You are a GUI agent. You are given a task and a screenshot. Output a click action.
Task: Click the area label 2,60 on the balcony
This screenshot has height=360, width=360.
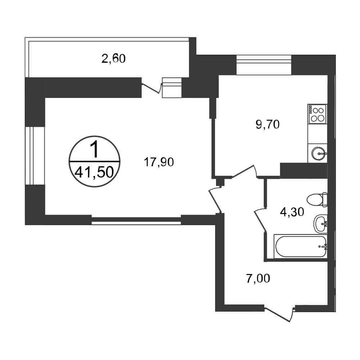pos(113,59)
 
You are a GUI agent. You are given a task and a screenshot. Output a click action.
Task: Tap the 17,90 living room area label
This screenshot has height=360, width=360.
pos(159,162)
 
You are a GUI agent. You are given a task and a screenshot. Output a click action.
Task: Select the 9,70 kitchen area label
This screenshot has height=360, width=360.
pos(267,125)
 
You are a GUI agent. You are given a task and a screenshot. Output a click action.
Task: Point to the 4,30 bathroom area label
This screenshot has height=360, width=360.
pos(292,212)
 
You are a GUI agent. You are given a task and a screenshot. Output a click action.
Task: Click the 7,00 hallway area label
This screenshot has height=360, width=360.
pos(258,279)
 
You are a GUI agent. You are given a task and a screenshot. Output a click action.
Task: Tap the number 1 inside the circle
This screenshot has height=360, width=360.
pos(94,149)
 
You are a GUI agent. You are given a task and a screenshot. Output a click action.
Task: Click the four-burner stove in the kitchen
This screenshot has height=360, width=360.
pos(317,114)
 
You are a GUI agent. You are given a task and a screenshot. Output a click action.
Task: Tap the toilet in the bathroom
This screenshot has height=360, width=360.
pos(317,199)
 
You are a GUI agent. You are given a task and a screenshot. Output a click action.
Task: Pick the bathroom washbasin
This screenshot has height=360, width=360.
pos(320,224)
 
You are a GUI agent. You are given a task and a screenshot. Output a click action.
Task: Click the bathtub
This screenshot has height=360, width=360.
pos(301,246)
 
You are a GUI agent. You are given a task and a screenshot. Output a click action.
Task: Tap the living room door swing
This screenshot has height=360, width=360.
pos(215,199)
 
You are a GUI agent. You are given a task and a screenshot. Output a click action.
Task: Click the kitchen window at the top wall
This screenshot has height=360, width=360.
pos(264,65)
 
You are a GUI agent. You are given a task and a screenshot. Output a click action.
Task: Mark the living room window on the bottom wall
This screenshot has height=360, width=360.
pos(136,220)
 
